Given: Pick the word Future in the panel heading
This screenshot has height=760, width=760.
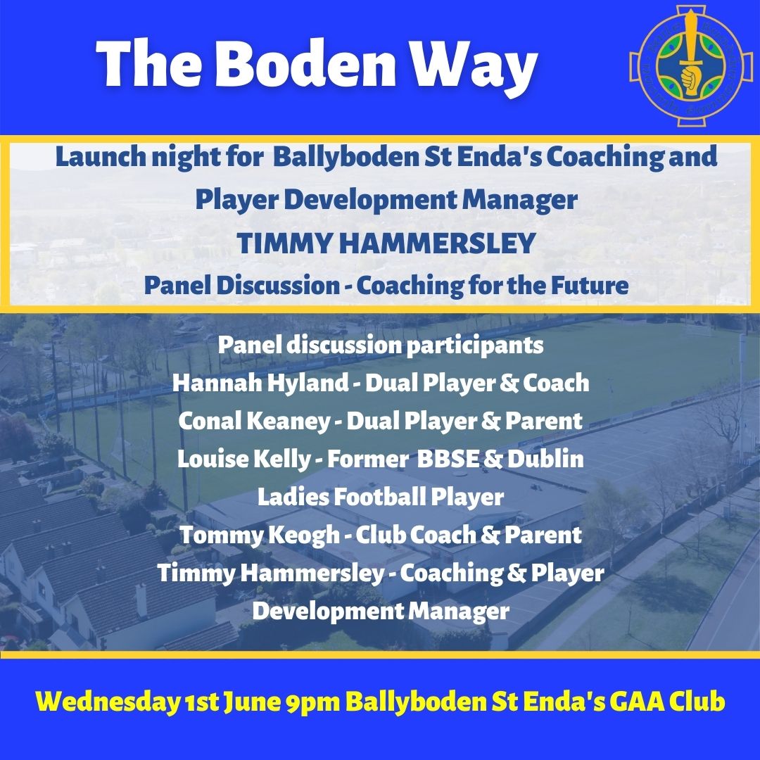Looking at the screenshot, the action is (590, 286).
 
